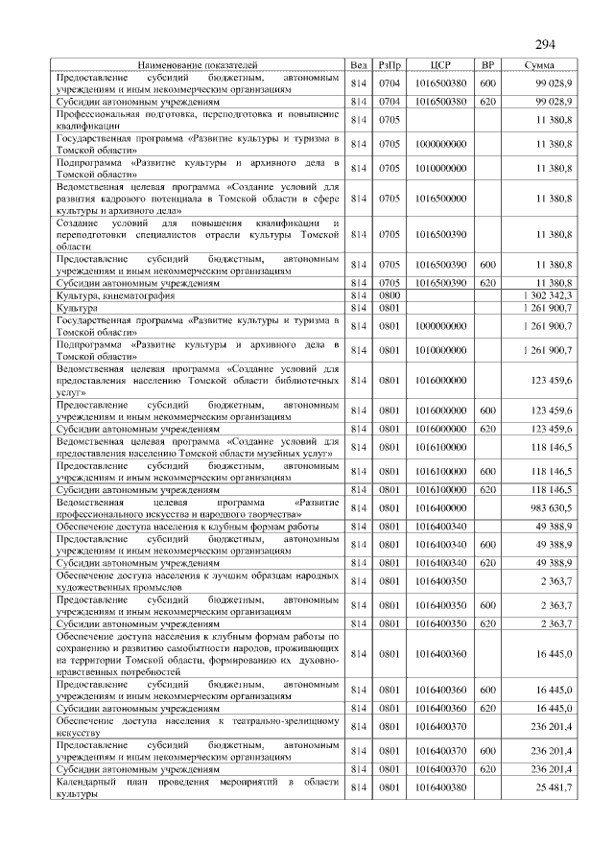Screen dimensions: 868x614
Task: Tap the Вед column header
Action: [x=360, y=64]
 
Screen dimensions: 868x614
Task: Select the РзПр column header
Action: [x=390, y=64]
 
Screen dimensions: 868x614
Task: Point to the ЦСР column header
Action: [x=440, y=64]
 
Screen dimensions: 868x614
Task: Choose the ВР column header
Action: [x=487, y=64]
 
